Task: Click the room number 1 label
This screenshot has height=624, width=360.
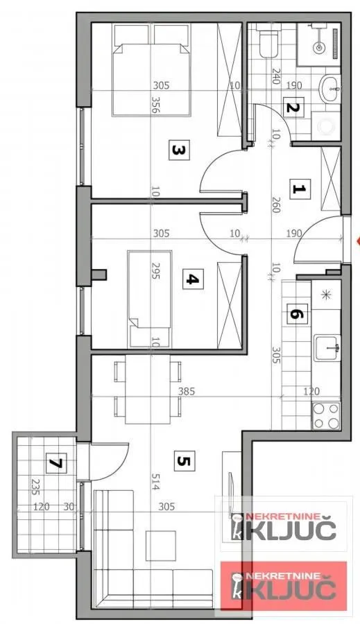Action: [298, 189]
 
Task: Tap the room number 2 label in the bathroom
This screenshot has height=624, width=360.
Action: [292, 108]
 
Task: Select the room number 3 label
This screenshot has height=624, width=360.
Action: [178, 149]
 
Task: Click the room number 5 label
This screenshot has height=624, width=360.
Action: [182, 460]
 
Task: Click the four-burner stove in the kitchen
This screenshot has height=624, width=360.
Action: [326, 415]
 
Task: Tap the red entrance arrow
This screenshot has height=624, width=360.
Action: [357, 241]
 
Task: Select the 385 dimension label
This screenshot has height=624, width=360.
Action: [187, 391]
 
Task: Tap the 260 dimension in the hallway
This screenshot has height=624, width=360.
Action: [275, 202]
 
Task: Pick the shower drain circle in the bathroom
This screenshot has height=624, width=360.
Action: [320, 48]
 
